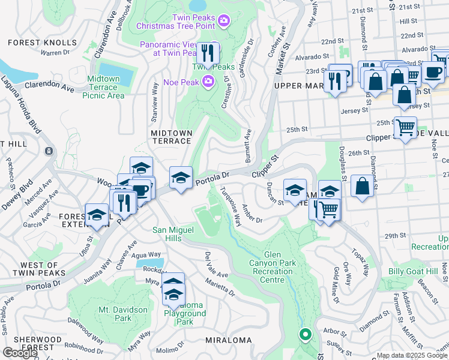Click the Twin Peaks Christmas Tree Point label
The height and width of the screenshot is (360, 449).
pyautogui.click(x=175, y=22)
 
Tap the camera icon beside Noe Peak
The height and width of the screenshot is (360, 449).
pyautogui.click(x=208, y=80)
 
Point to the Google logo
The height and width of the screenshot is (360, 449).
pyautogui.click(x=20, y=353)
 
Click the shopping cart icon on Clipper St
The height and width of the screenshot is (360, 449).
pyautogui.click(x=405, y=128)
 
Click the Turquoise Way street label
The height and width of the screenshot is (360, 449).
pyautogui.click(x=231, y=205)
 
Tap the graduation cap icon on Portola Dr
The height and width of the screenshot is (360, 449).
pyautogui.click(x=181, y=178)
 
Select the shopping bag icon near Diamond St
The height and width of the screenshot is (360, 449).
pyautogui.click(x=363, y=186)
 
